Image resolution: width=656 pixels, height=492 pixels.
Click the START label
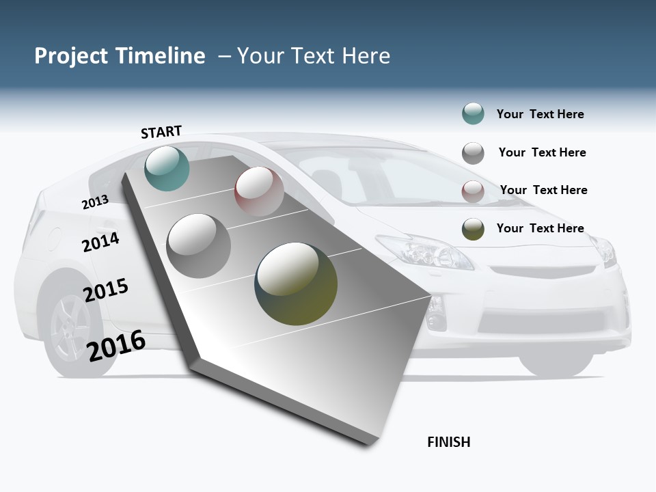coord(161,132)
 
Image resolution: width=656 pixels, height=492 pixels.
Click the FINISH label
coord(449,442)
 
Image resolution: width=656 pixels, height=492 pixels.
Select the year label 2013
coord(95,202)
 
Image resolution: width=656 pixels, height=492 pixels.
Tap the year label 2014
coord(101,242)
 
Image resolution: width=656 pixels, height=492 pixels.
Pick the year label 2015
coord(106,290)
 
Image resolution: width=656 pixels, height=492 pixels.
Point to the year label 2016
coord(117,345)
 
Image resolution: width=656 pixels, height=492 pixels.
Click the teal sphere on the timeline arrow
coord(167,168)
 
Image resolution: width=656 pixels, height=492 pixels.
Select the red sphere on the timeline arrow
coord(259,191)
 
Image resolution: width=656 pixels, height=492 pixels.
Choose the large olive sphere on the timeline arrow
coord(296,284)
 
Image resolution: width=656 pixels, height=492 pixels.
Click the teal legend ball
coord(473,114)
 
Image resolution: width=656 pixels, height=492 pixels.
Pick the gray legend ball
coord(473,153)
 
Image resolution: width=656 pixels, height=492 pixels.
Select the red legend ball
coord(473,191)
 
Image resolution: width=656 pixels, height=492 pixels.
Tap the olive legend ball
coord(473,229)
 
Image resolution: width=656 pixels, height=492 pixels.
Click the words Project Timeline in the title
coord(120,56)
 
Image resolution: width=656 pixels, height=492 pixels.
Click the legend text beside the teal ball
coord(540,114)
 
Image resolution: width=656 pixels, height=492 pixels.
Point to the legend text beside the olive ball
coord(540,228)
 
